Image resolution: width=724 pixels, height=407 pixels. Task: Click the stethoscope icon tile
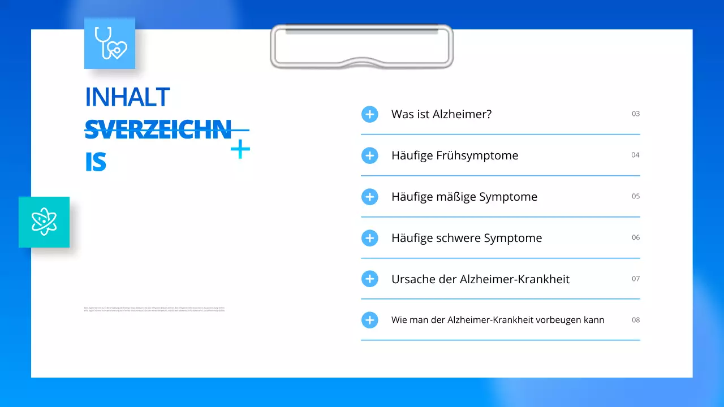click(110, 43)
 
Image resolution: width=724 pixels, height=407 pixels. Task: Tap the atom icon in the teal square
click(44, 222)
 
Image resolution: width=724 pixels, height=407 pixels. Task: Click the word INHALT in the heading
click(127, 97)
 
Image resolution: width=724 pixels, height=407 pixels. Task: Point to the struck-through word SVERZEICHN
click(158, 129)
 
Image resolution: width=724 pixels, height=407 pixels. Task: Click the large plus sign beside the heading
click(240, 150)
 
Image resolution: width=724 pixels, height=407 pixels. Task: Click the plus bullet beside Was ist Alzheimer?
click(369, 114)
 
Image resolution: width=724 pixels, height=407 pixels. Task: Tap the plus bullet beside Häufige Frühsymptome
click(369, 155)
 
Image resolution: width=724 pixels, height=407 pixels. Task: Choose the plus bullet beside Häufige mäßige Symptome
click(369, 197)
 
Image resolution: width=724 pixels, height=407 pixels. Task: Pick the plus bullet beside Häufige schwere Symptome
click(369, 238)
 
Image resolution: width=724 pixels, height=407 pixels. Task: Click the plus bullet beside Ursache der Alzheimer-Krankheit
click(369, 279)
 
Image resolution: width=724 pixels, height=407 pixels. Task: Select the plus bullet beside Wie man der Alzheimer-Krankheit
click(369, 320)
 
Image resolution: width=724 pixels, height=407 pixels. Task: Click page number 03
click(636, 114)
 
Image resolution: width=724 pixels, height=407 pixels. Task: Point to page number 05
click(636, 196)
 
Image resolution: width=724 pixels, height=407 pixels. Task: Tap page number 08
click(636, 320)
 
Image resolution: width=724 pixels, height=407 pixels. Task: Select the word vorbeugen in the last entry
click(558, 320)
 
